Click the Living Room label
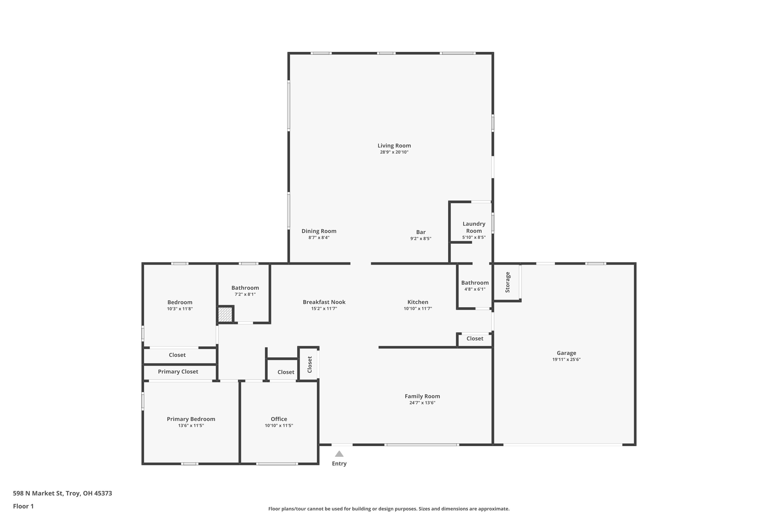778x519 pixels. pyautogui.click(x=394, y=146)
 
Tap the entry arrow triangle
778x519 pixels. pyautogui.click(x=339, y=454)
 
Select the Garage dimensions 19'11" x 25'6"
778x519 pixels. pyautogui.click(x=566, y=359)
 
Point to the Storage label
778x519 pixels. pyautogui.click(x=508, y=282)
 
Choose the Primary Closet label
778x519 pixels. pyautogui.click(x=178, y=372)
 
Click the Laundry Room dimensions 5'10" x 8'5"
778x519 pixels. pyautogui.click(x=474, y=237)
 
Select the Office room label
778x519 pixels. pyautogui.click(x=279, y=419)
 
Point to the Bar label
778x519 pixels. pyautogui.click(x=421, y=232)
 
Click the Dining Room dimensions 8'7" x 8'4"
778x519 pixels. pyautogui.click(x=319, y=238)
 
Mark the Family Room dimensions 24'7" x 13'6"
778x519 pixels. pyautogui.click(x=422, y=403)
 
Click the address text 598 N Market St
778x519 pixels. pyautogui.click(x=38, y=493)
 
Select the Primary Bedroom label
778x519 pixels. pyautogui.click(x=191, y=419)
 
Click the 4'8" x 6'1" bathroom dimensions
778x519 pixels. pyautogui.click(x=475, y=289)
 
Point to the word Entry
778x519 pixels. pyautogui.click(x=339, y=464)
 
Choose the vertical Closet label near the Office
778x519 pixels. pyautogui.click(x=310, y=364)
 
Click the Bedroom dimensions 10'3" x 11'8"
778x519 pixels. pyautogui.click(x=180, y=309)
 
